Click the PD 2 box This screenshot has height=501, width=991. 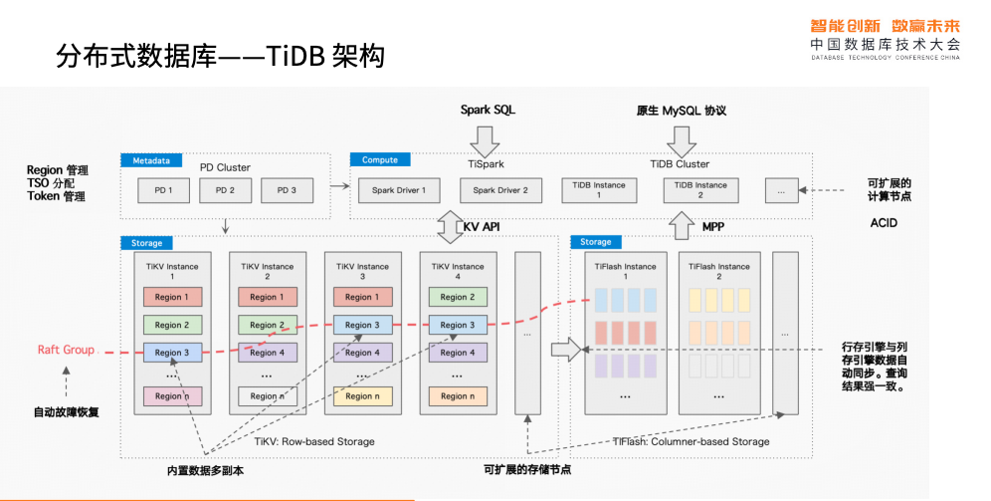tap(226, 190)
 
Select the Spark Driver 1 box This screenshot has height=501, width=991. tap(399, 190)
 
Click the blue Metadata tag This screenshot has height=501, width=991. tap(152, 160)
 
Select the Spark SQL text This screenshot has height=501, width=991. tap(488, 111)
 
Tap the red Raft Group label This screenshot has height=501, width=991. tap(66, 350)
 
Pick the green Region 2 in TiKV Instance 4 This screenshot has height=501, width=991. tap(458, 297)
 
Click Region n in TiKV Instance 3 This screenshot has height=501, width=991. tap(362, 396)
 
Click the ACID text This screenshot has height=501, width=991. tap(884, 223)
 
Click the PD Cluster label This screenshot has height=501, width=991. tap(225, 167)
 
